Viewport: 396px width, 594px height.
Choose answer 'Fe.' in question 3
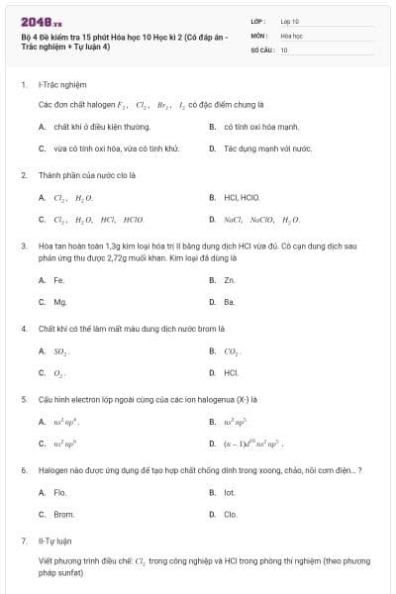click(x=59, y=280)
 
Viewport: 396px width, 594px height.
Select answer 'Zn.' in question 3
click(x=229, y=280)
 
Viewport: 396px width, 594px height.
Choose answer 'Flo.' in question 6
click(x=60, y=492)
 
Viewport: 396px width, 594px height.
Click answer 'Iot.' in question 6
click(x=229, y=492)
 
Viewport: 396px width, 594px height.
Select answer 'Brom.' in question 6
click(x=63, y=514)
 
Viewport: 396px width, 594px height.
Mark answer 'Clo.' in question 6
click(x=230, y=514)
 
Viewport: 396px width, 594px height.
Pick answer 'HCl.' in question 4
click(x=231, y=372)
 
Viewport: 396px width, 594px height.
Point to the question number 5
click(x=23, y=399)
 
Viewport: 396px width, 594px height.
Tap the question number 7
click(x=23, y=543)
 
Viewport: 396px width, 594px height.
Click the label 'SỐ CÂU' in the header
click(x=261, y=48)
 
